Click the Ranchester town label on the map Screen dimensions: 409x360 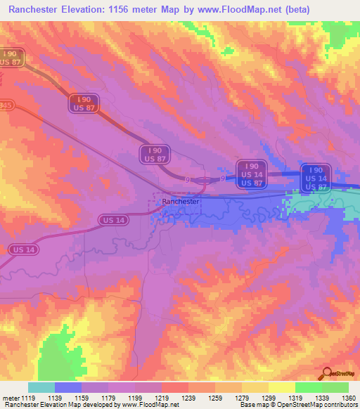[181, 202]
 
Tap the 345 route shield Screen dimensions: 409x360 [6, 105]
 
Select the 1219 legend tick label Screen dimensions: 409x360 [160, 398]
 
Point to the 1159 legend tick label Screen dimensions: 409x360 [81, 398]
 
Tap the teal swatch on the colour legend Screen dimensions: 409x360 [41, 387]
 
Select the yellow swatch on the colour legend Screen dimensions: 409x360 [281, 387]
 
